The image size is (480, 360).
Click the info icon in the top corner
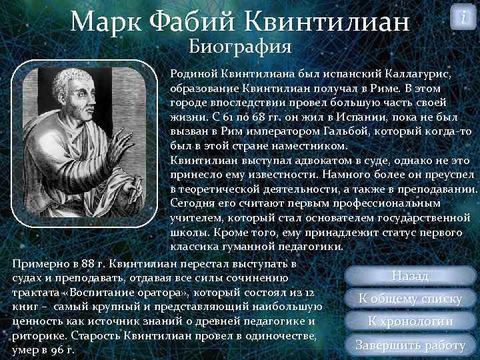pyautogui.click(x=462, y=18)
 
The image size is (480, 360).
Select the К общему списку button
pyautogui.click(x=409, y=299)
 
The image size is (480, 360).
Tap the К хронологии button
pyautogui.click(x=409, y=321)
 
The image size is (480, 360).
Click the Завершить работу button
pyautogui.click(x=409, y=345)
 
